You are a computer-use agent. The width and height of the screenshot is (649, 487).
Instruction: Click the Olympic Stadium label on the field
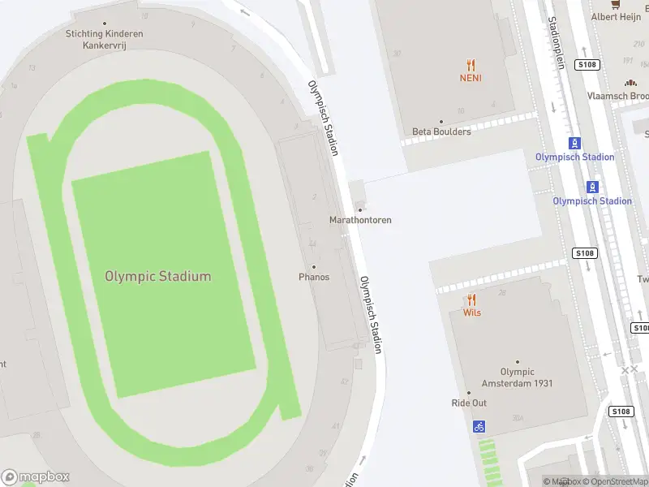[157, 276]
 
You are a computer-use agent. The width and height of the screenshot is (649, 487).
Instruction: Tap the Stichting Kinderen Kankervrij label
[104, 39]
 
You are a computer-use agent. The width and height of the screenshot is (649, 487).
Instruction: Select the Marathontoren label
[360, 220]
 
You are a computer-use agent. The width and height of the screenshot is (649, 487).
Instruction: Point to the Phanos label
[314, 277]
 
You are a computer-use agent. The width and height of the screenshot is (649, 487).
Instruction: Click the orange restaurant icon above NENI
[471, 65]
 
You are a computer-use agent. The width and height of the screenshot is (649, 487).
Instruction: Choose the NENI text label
[471, 79]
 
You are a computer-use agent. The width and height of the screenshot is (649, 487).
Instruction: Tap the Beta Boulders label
[441, 131]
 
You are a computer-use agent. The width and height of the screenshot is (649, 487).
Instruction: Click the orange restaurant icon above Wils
[471, 300]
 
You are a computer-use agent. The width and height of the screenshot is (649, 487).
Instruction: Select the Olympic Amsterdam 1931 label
[517, 377]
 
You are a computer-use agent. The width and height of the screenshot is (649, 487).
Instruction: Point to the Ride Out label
[469, 403]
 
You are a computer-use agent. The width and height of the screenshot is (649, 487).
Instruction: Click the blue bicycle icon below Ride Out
[479, 425]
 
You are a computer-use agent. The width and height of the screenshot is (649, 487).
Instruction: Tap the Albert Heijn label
[616, 16]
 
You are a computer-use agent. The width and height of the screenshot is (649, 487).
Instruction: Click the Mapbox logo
[36, 477]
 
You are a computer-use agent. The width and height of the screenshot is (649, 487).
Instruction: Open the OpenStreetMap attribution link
[613, 481]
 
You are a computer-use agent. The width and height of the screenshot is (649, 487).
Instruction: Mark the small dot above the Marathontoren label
[360, 210]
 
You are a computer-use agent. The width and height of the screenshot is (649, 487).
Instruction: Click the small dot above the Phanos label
[314, 267]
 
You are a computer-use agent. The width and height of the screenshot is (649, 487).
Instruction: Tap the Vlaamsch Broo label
[617, 95]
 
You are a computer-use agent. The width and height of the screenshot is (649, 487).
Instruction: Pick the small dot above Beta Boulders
[441, 122]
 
